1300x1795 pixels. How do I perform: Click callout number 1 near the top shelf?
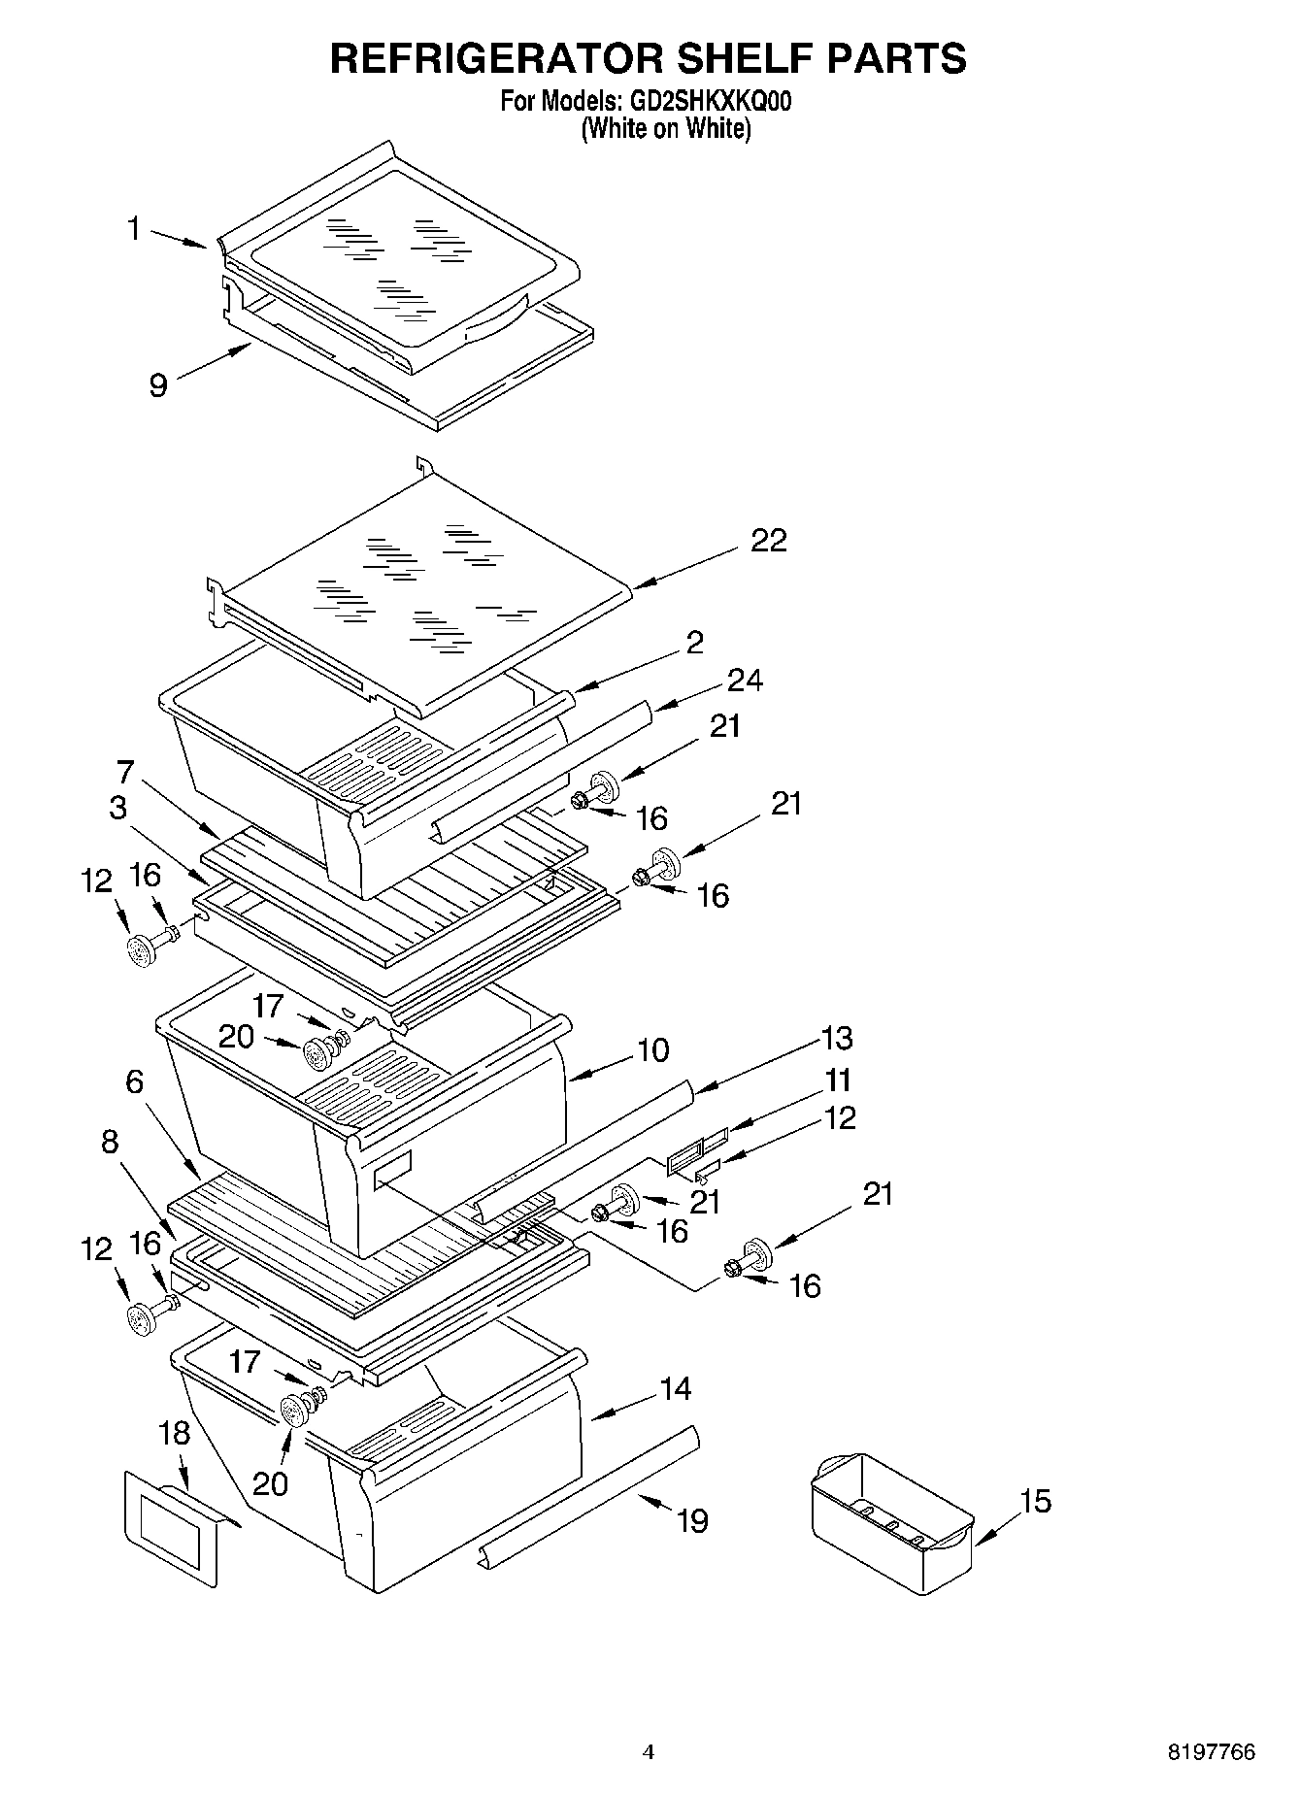pyautogui.click(x=134, y=229)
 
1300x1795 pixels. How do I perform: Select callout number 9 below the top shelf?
pyautogui.click(x=158, y=385)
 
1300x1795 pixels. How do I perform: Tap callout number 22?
pyautogui.click(x=768, y=541)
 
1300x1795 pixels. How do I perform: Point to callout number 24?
pyautogui.click(x=746, y=681)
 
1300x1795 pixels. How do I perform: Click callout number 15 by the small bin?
pyautogui.click(x=1036, y=1501)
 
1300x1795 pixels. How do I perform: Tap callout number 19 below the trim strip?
pyautogui.click(x=692, y=1520)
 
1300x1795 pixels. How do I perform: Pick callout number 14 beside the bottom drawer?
pyautogui.click(x=675, y=1389)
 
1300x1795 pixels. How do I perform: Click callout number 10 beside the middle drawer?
pyautogui.click(x=653, y=1049)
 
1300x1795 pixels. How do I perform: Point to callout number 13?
pyautogui.click(x=836, y=1038)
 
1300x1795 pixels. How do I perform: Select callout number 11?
pyautogui.click(x=838, y=1080)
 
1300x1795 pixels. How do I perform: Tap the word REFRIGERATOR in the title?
pyautogui.click(x=490, y=58)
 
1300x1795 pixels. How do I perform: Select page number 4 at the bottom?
pyautogui.click(x=649, y=1752)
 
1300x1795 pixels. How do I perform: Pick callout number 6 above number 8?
pyautogui.click(x=134, y=1081)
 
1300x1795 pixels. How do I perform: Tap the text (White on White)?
pyautogui.click(x=666, y=128)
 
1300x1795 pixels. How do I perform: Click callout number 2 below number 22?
pyautogui.click(x=694, y=642)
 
